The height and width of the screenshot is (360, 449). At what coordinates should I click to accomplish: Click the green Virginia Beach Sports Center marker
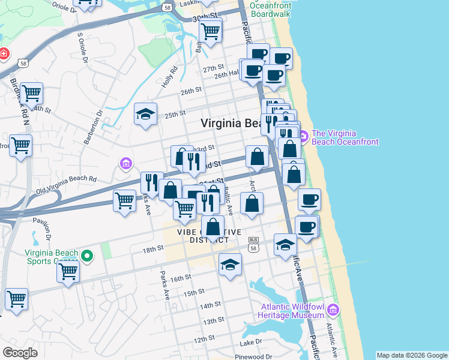[87, 257]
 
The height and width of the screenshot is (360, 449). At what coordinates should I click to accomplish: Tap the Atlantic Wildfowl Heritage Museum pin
[334, 310]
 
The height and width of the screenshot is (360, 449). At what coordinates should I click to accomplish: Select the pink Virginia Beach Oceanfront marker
[304, 137]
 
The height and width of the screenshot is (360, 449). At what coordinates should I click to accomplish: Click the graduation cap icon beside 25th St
[145, 115]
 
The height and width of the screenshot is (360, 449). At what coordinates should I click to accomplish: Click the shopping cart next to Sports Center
[68, 271]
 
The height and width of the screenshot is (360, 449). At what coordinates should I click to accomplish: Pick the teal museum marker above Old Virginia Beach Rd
[125, 163]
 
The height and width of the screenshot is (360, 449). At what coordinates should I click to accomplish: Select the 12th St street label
[205, 340]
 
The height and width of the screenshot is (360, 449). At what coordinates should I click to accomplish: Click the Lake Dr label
[251, 343]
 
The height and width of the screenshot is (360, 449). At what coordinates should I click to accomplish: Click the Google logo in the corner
[20, 352]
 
